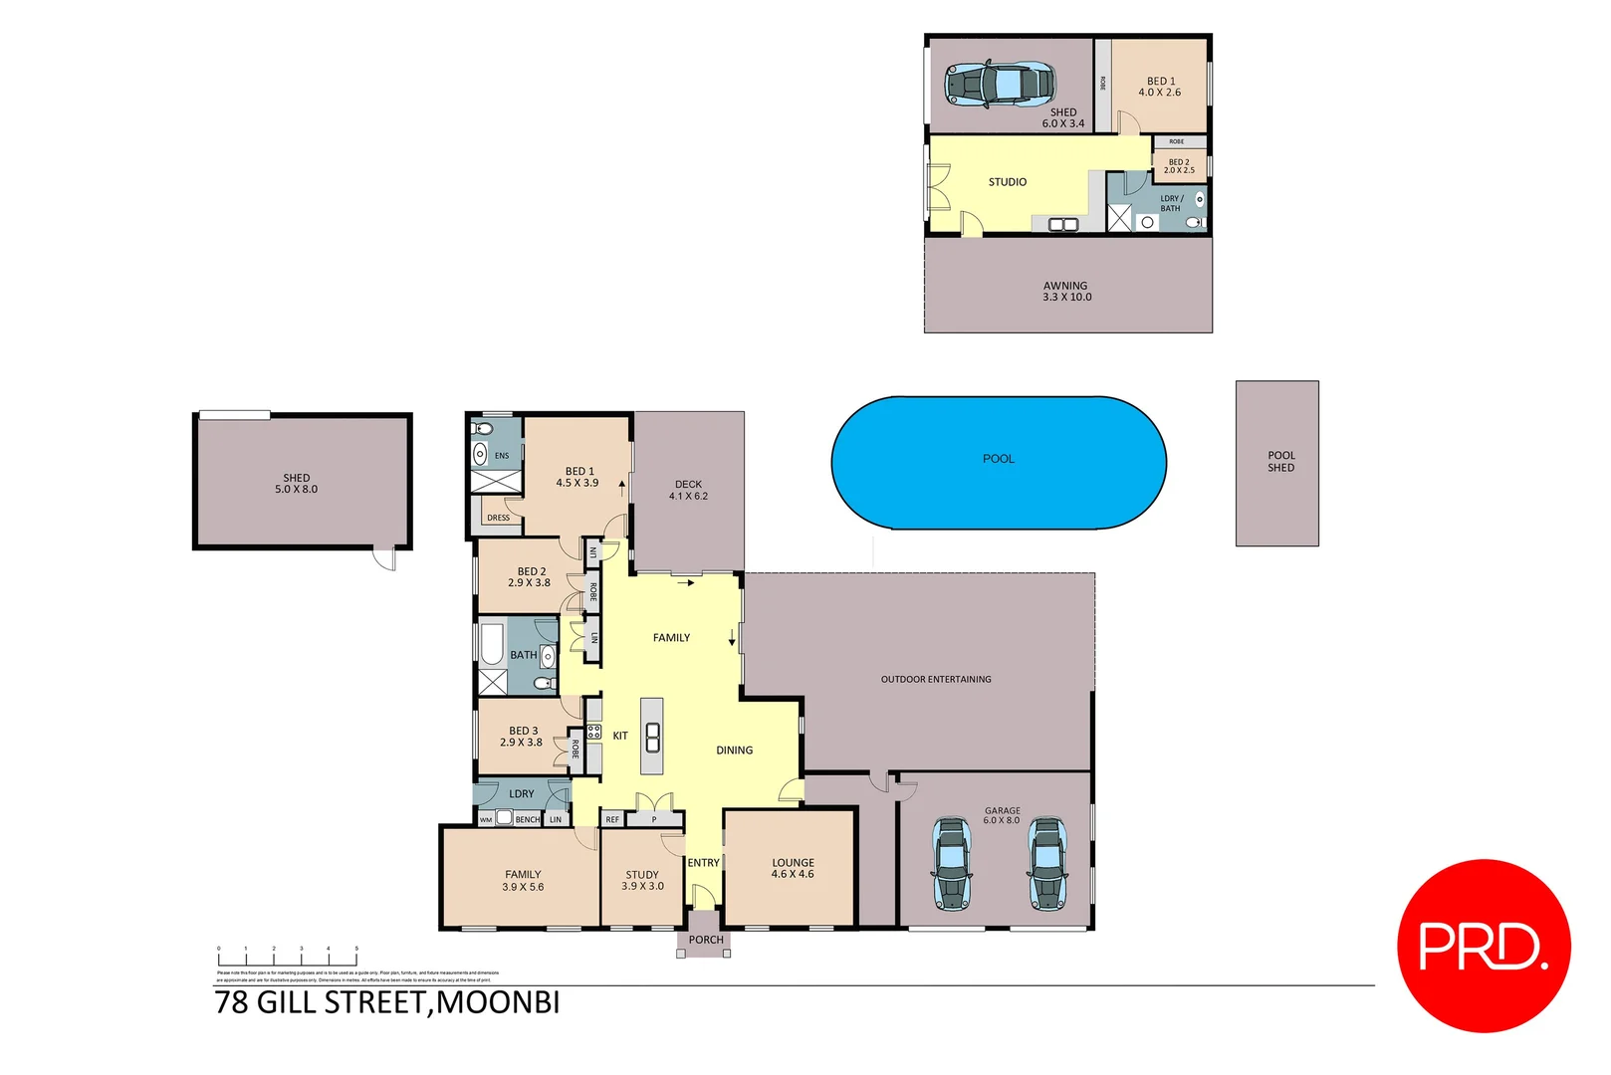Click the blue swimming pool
coord(998,463)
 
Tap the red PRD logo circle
coord(1484,946)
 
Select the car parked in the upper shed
coord(999,84)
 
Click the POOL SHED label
coord(1280,462)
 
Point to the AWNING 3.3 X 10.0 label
coord(1066,292)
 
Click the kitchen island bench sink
coord(652,738)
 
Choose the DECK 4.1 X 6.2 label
coord(688,490)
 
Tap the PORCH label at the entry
coord(706,940)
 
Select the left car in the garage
coord(952,864)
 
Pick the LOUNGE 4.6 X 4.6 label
coord(793,869)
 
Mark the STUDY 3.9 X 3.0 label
coord(642,881)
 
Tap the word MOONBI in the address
coord(498,1002)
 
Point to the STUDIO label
coord(1008,182)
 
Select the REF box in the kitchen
coord(612,820)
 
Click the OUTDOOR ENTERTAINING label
coord(936,680)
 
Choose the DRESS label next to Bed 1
coord(499,518)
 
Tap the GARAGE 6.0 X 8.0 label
coord(1002,815)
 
